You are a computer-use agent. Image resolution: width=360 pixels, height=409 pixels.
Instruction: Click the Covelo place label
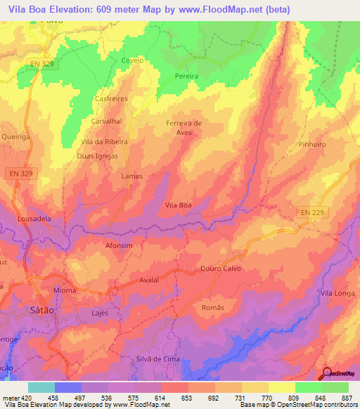132,60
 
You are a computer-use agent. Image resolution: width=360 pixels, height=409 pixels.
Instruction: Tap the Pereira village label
186,75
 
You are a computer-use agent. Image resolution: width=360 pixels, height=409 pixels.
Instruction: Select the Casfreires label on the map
111,99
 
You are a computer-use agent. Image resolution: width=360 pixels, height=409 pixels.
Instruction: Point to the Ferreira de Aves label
184,127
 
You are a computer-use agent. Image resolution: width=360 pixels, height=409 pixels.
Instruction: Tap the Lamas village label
132,176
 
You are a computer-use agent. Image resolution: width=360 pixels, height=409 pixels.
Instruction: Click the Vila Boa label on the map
178,204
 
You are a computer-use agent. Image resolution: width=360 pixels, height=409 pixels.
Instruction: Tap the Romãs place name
212,308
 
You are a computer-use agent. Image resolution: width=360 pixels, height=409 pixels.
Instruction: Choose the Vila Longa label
337,292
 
